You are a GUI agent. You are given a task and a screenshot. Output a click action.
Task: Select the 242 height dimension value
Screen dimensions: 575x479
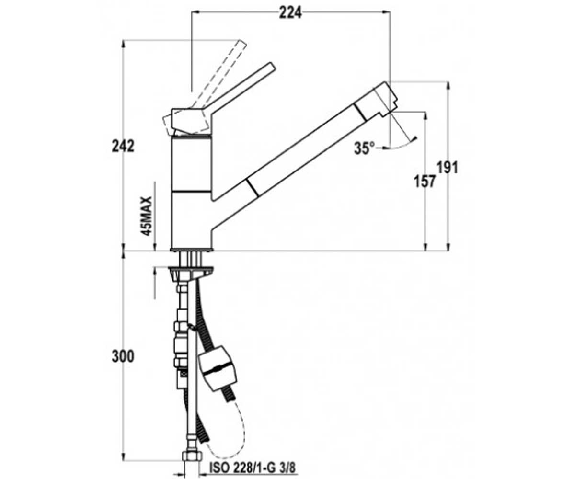pyautogui.click(x=123, y=146)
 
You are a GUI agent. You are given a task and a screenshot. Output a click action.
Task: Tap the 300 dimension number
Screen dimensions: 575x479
pyautogui.click(x=123, y=356)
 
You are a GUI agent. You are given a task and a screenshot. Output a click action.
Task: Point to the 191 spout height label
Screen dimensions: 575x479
pyautogui.click(x=448, y=167)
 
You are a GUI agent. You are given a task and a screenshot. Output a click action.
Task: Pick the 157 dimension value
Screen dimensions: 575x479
pyautogui.click(x=425, y=182)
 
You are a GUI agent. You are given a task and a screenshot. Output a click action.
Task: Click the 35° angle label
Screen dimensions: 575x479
pyautogui.click(x=364, y=148)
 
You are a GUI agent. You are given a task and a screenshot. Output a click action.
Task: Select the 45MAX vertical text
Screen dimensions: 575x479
pyautogui.click(x=146, y=216)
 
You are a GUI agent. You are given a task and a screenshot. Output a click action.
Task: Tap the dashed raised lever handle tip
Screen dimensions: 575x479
pyautogui.click(x=242, y=44)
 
